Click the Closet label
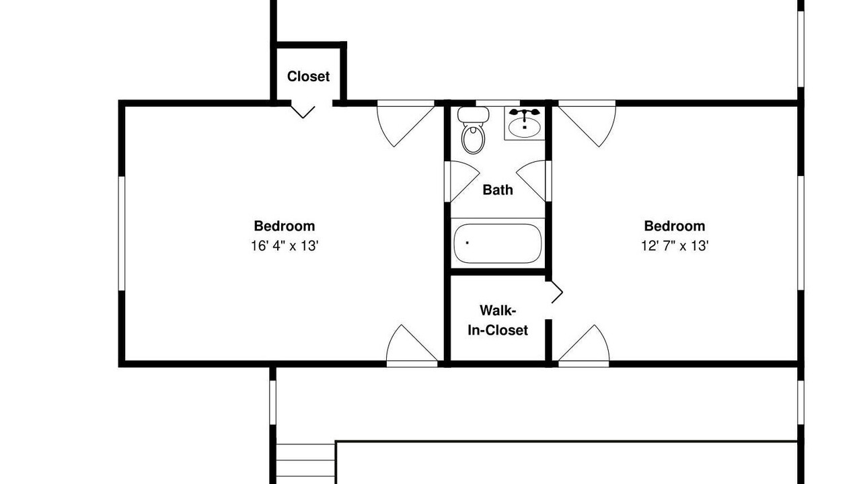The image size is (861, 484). (308, 77)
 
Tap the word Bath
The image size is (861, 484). (498, 190)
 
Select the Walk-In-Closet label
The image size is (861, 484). (498, 321)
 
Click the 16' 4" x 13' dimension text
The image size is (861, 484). (285, 246)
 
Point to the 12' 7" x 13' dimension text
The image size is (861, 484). (675, 246)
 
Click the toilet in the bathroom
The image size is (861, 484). (473, 130)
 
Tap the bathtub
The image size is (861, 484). (498, 243)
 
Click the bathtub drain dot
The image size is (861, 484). (467, 243)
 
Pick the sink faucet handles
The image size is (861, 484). (524, 112)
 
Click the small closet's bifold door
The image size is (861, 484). (303, 111)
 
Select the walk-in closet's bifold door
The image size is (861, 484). (555, 292)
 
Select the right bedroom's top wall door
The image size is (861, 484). (587, 123)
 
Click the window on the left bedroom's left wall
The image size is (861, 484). (122, 233)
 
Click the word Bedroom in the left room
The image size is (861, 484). (285, 226)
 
